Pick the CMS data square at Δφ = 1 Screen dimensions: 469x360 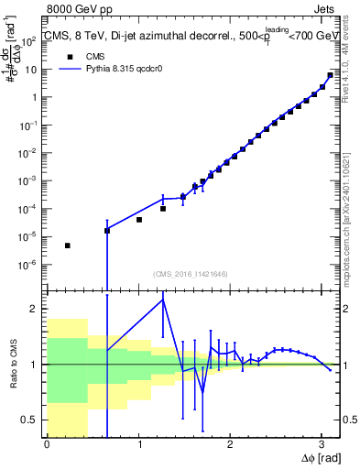click(x=139, y=220)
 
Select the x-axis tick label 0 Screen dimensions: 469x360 click(x=47, y=444)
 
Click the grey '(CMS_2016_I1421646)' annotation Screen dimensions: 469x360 click(x=191, y=273)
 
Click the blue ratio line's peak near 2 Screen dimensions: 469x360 click(x=163, y=300)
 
